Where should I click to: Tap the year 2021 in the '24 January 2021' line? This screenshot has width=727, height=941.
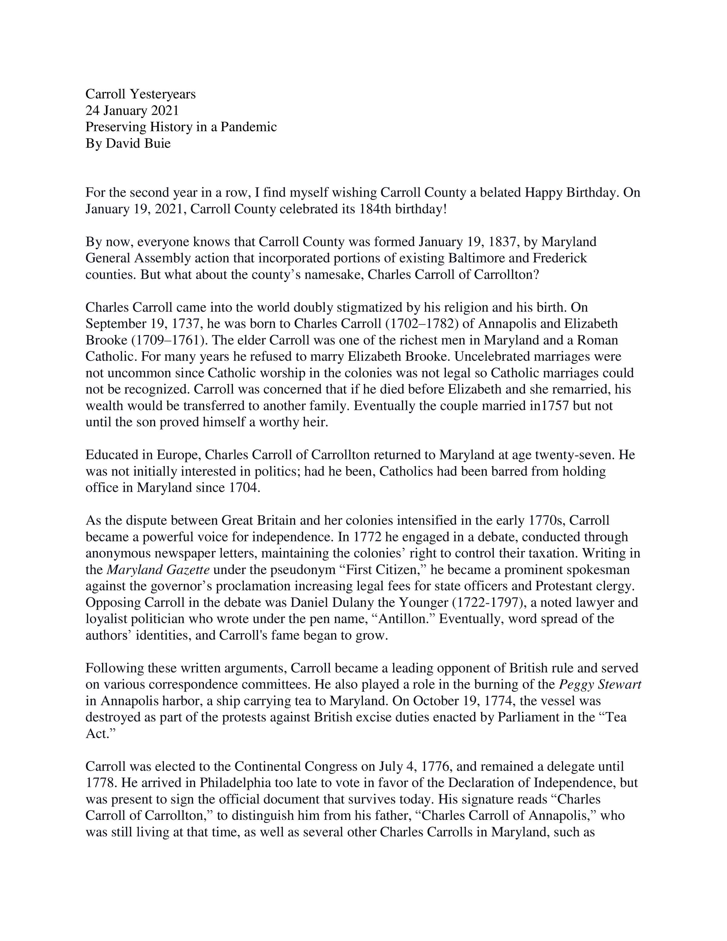coord(164,111)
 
